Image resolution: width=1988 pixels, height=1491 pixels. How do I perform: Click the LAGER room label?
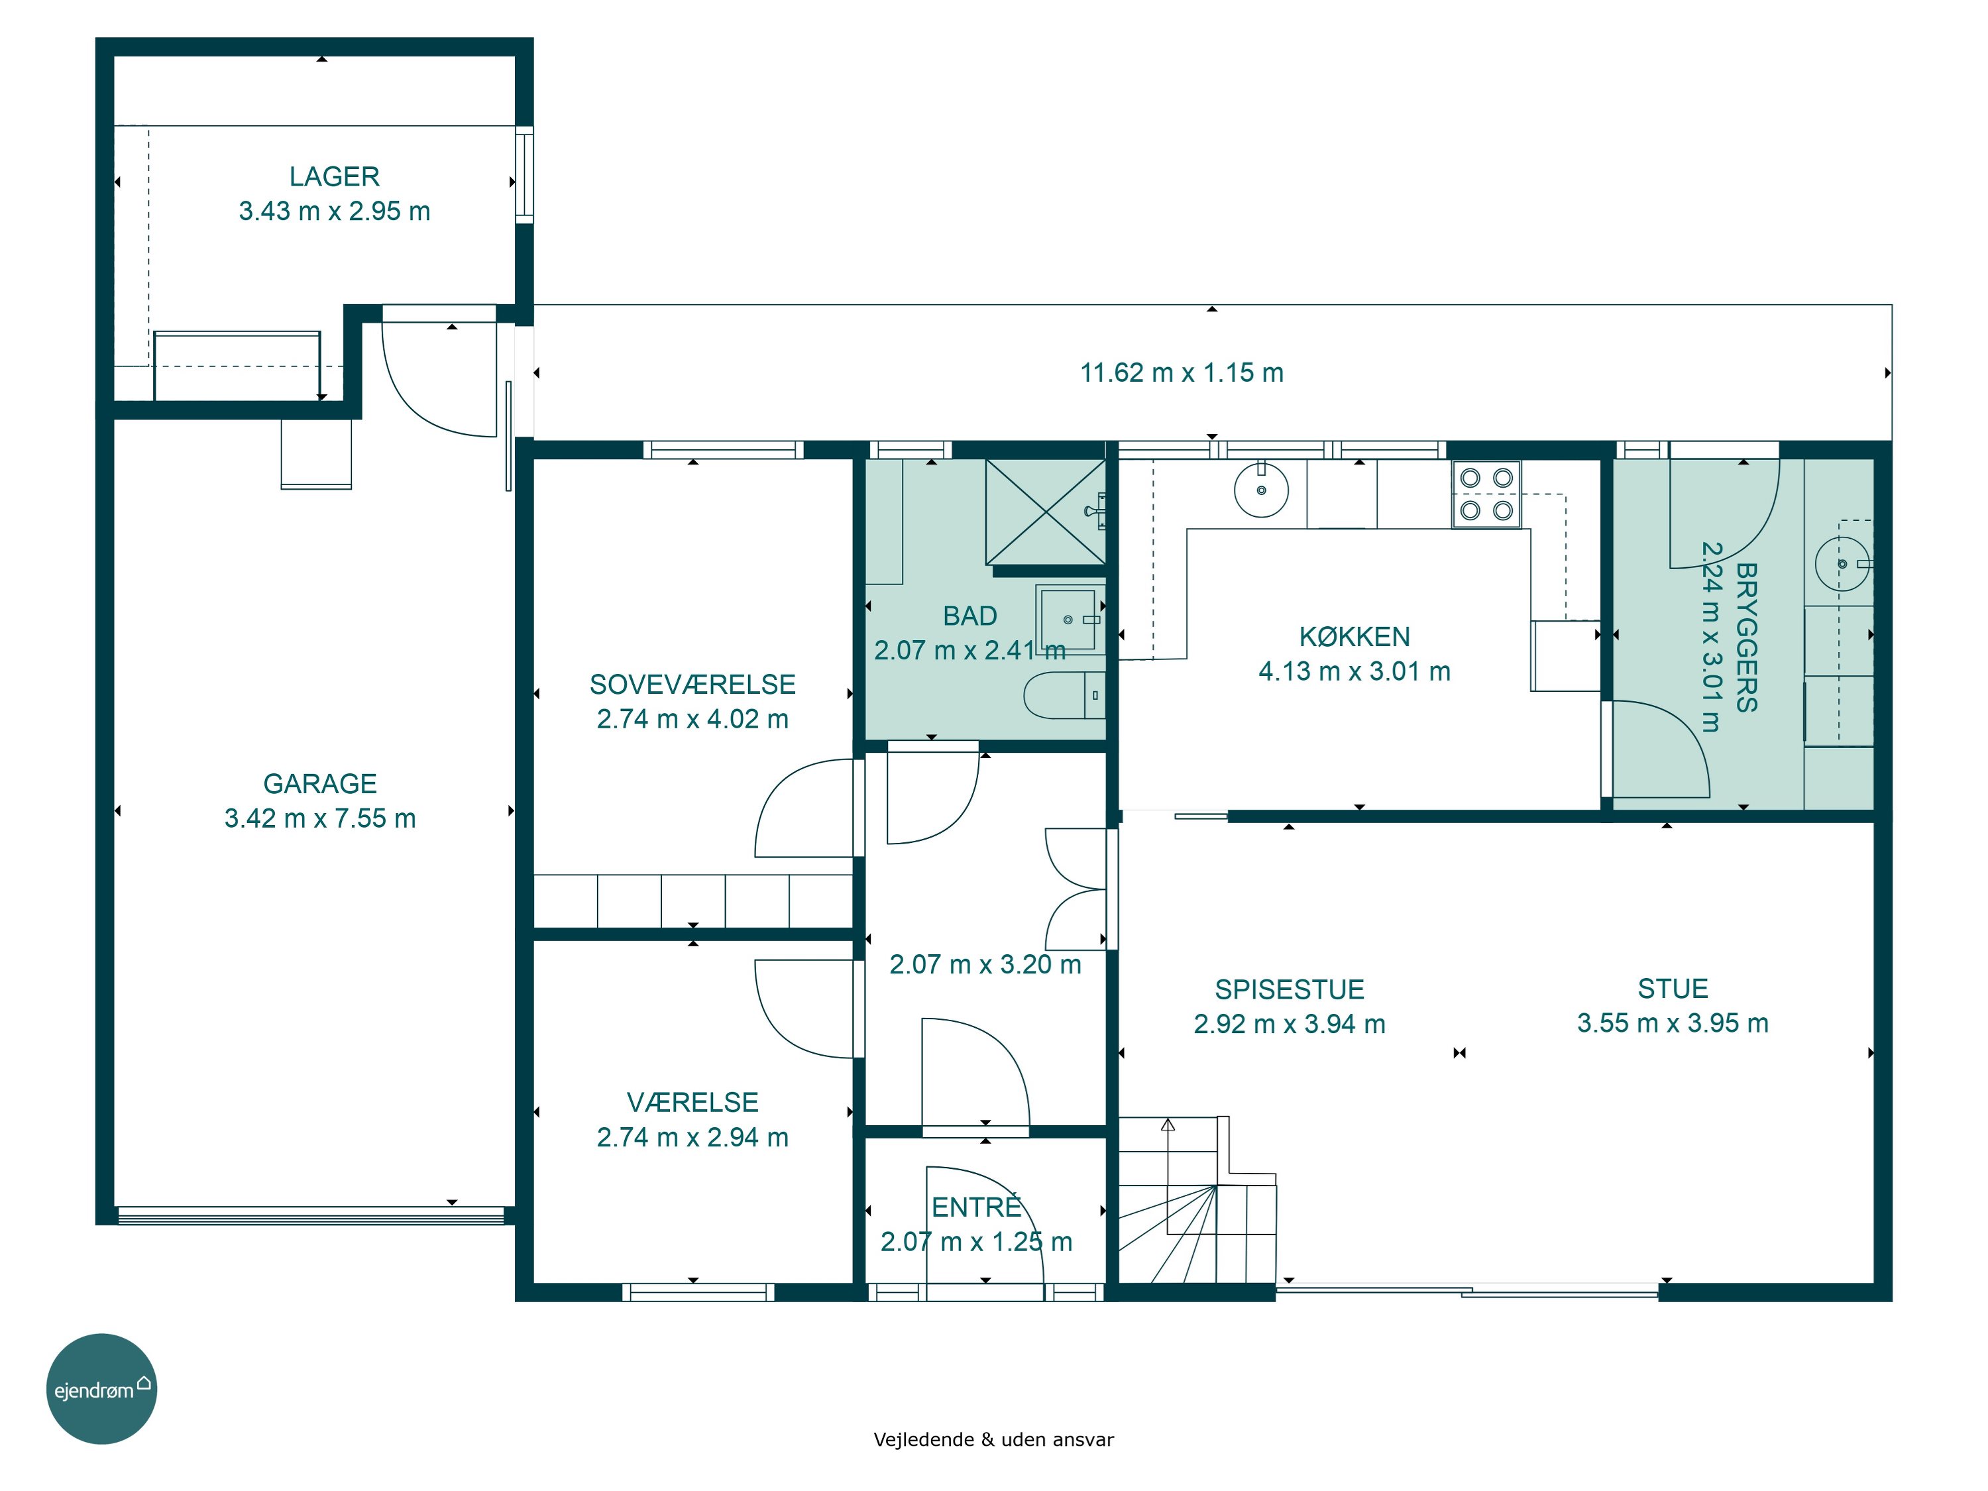[335, 176]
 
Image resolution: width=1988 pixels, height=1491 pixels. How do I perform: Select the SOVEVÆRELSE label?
[692, 685]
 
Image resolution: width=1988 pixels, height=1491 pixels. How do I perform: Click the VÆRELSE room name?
[692, 1103]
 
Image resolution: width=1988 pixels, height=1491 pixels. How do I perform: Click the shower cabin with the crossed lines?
[1045, 512]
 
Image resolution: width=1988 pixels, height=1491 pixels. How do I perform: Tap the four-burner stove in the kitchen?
[1486, 494]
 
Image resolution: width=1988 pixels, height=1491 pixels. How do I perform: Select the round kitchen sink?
[1261, 490]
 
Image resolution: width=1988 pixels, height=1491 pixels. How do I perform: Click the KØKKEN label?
[1354, 637]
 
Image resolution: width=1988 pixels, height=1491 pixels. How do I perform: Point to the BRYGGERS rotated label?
[1746, 637]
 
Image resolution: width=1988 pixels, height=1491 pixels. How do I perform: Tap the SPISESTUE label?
[1290, 989]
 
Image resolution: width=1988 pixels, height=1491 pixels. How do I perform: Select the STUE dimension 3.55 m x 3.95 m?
[1673, 1022]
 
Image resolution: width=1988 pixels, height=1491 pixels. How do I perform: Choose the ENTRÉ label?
[976, 1207]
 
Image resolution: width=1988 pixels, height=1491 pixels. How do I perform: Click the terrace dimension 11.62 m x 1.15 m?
[1182, 373]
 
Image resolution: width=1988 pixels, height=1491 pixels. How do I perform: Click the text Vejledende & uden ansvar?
[993, 1440]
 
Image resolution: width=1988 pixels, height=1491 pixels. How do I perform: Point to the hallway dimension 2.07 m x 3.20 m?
[985, 964]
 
